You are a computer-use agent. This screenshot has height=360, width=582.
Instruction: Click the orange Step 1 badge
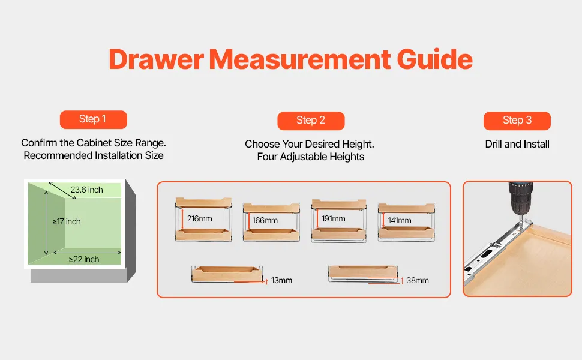pyautogui.click(x=94, y=119)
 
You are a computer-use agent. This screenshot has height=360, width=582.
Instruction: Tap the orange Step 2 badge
pyautogui.click(x=311, y=121)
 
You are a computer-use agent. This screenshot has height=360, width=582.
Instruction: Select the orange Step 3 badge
pyautogui.click(x=517, y=121)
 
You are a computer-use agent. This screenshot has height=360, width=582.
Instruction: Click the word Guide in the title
pyautogui.click(x=434, y=59)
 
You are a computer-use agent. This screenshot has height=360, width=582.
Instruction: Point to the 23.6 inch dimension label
pyautogui.click(x=86, y=190)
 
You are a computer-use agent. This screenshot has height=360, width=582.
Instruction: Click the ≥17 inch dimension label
pyautogui.click(x=67, y=221)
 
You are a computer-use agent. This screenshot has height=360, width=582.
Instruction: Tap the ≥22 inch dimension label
pyautogui.click(x=84, y=259)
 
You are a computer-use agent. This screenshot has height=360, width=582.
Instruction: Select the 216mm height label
pyautogui.click(x=200, y=218)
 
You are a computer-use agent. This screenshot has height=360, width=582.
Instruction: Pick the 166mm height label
pyautogui.click(x=265, y=220)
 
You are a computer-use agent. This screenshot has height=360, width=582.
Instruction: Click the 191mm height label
pyautogui.click(x=334, y=218)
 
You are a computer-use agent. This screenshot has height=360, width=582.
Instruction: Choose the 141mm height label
pyautogui.click(x=400, y=220)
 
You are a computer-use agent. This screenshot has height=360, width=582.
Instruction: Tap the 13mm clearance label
pyautogui.click(x=282, y=280)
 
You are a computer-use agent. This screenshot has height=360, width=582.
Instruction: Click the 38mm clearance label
pyautogui.click(x=418, y=280)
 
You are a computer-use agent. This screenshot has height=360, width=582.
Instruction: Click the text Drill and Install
pyautogui.click(x=517, y=144)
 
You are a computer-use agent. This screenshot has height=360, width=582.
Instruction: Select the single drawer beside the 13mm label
pyautogui.click(x=227, y=274)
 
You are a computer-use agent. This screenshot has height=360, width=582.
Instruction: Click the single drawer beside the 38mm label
pyautogui.click(x=363, y=274)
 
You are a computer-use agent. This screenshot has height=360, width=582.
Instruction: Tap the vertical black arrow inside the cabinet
pyautogui.click(x=46, y=223)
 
